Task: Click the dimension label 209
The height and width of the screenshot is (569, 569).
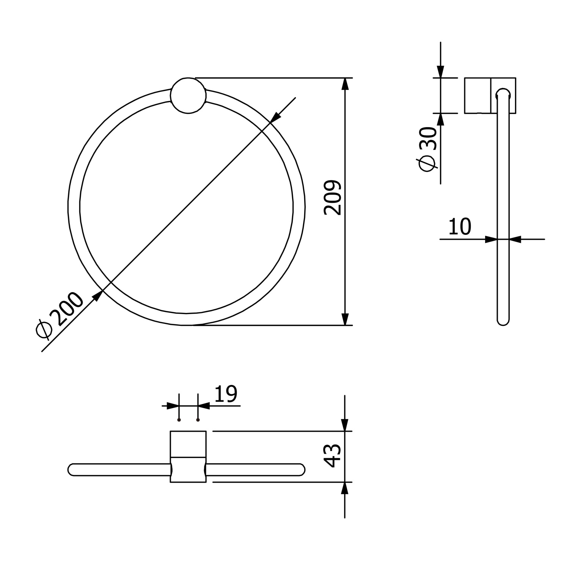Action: click(x=333, y=198)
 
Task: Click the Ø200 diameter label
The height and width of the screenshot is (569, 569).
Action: click(x=59, y=315)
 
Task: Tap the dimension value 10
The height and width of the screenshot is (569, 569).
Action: click(x=459, y=227)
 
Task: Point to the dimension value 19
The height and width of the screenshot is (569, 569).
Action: click(x=226, y=394)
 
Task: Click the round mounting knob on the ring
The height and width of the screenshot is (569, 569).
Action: click(x=188, y=96)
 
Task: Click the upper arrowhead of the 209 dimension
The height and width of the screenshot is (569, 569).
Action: click(x=344, y=84)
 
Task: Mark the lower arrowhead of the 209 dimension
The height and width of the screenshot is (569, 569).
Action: click(x=344, y=319)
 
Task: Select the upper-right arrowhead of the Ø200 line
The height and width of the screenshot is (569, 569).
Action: click(x=276, y=117)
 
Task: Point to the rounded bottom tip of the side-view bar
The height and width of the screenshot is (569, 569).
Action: click(x=503, y=322)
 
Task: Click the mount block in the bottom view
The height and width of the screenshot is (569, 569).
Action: click(x=188, y=456)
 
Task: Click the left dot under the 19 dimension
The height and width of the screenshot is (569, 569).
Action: click(x=179, y=420)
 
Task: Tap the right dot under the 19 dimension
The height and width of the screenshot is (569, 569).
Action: click(x=198, y=420)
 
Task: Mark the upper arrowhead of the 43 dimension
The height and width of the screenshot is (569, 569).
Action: click(x=344, y=425)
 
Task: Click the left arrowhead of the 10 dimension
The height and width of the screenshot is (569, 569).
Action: click(x=491, y=239)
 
